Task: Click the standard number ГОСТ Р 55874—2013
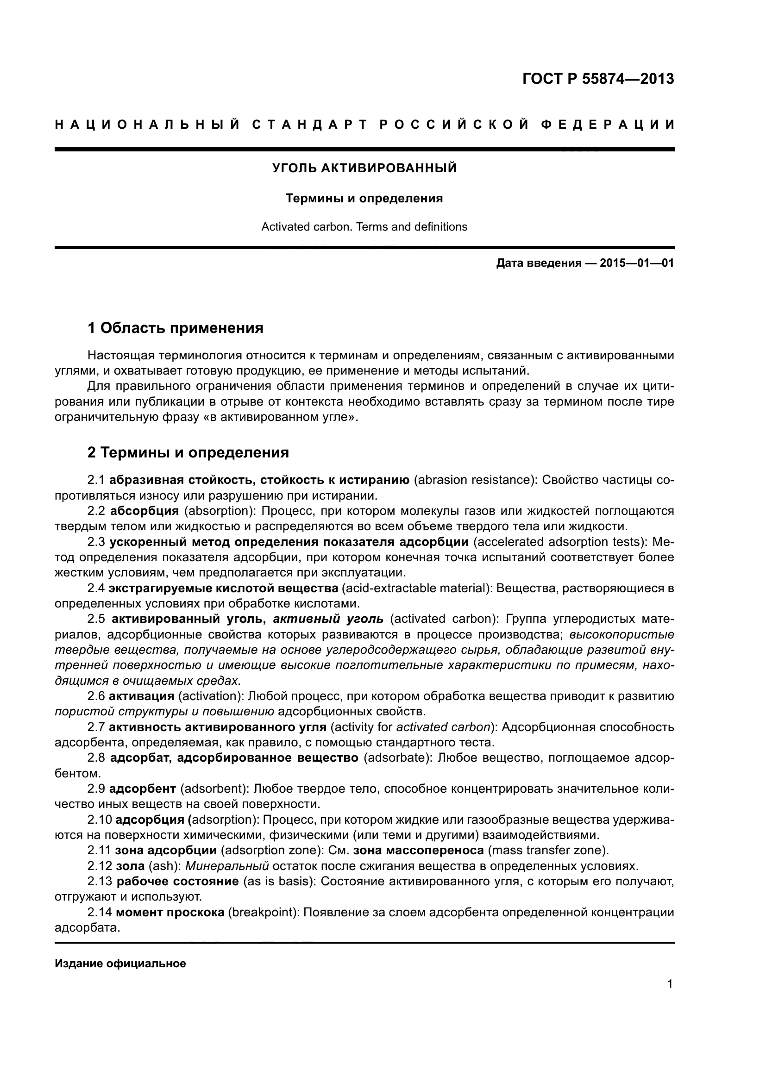coord(598,79)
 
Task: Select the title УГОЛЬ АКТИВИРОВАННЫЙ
coord(364,168)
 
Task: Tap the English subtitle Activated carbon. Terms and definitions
coord(364,227)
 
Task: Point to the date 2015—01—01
coord(637,263)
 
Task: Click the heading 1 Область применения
coord(176,327)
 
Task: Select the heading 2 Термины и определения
coord(188,452)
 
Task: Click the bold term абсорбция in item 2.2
coord(144,511)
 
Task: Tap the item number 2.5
coord(96,619)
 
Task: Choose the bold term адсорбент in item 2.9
coord(143,789)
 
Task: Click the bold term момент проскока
coord(170,912)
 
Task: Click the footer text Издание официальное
coord(120,964)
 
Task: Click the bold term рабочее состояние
coord(177,882)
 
